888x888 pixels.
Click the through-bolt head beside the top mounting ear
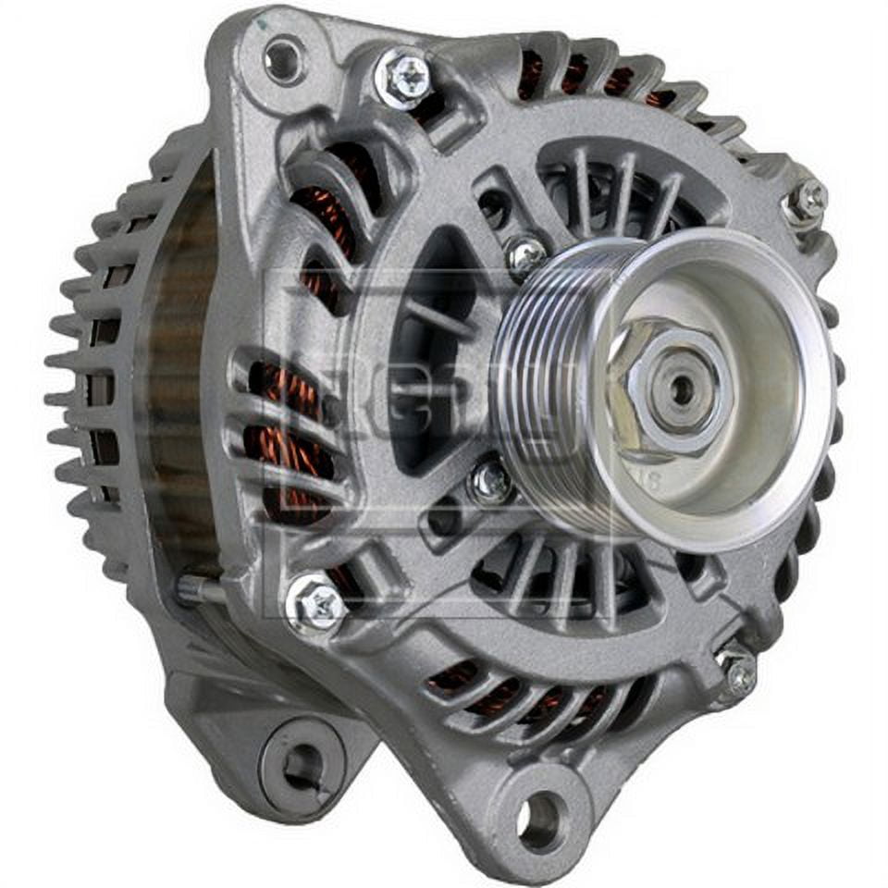click(x=405, y=76)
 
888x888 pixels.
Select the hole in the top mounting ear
click(x=284, y=59)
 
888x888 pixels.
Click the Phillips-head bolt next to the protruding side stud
click(x=316, y=602)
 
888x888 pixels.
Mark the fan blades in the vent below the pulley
click(x=564, y=573)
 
